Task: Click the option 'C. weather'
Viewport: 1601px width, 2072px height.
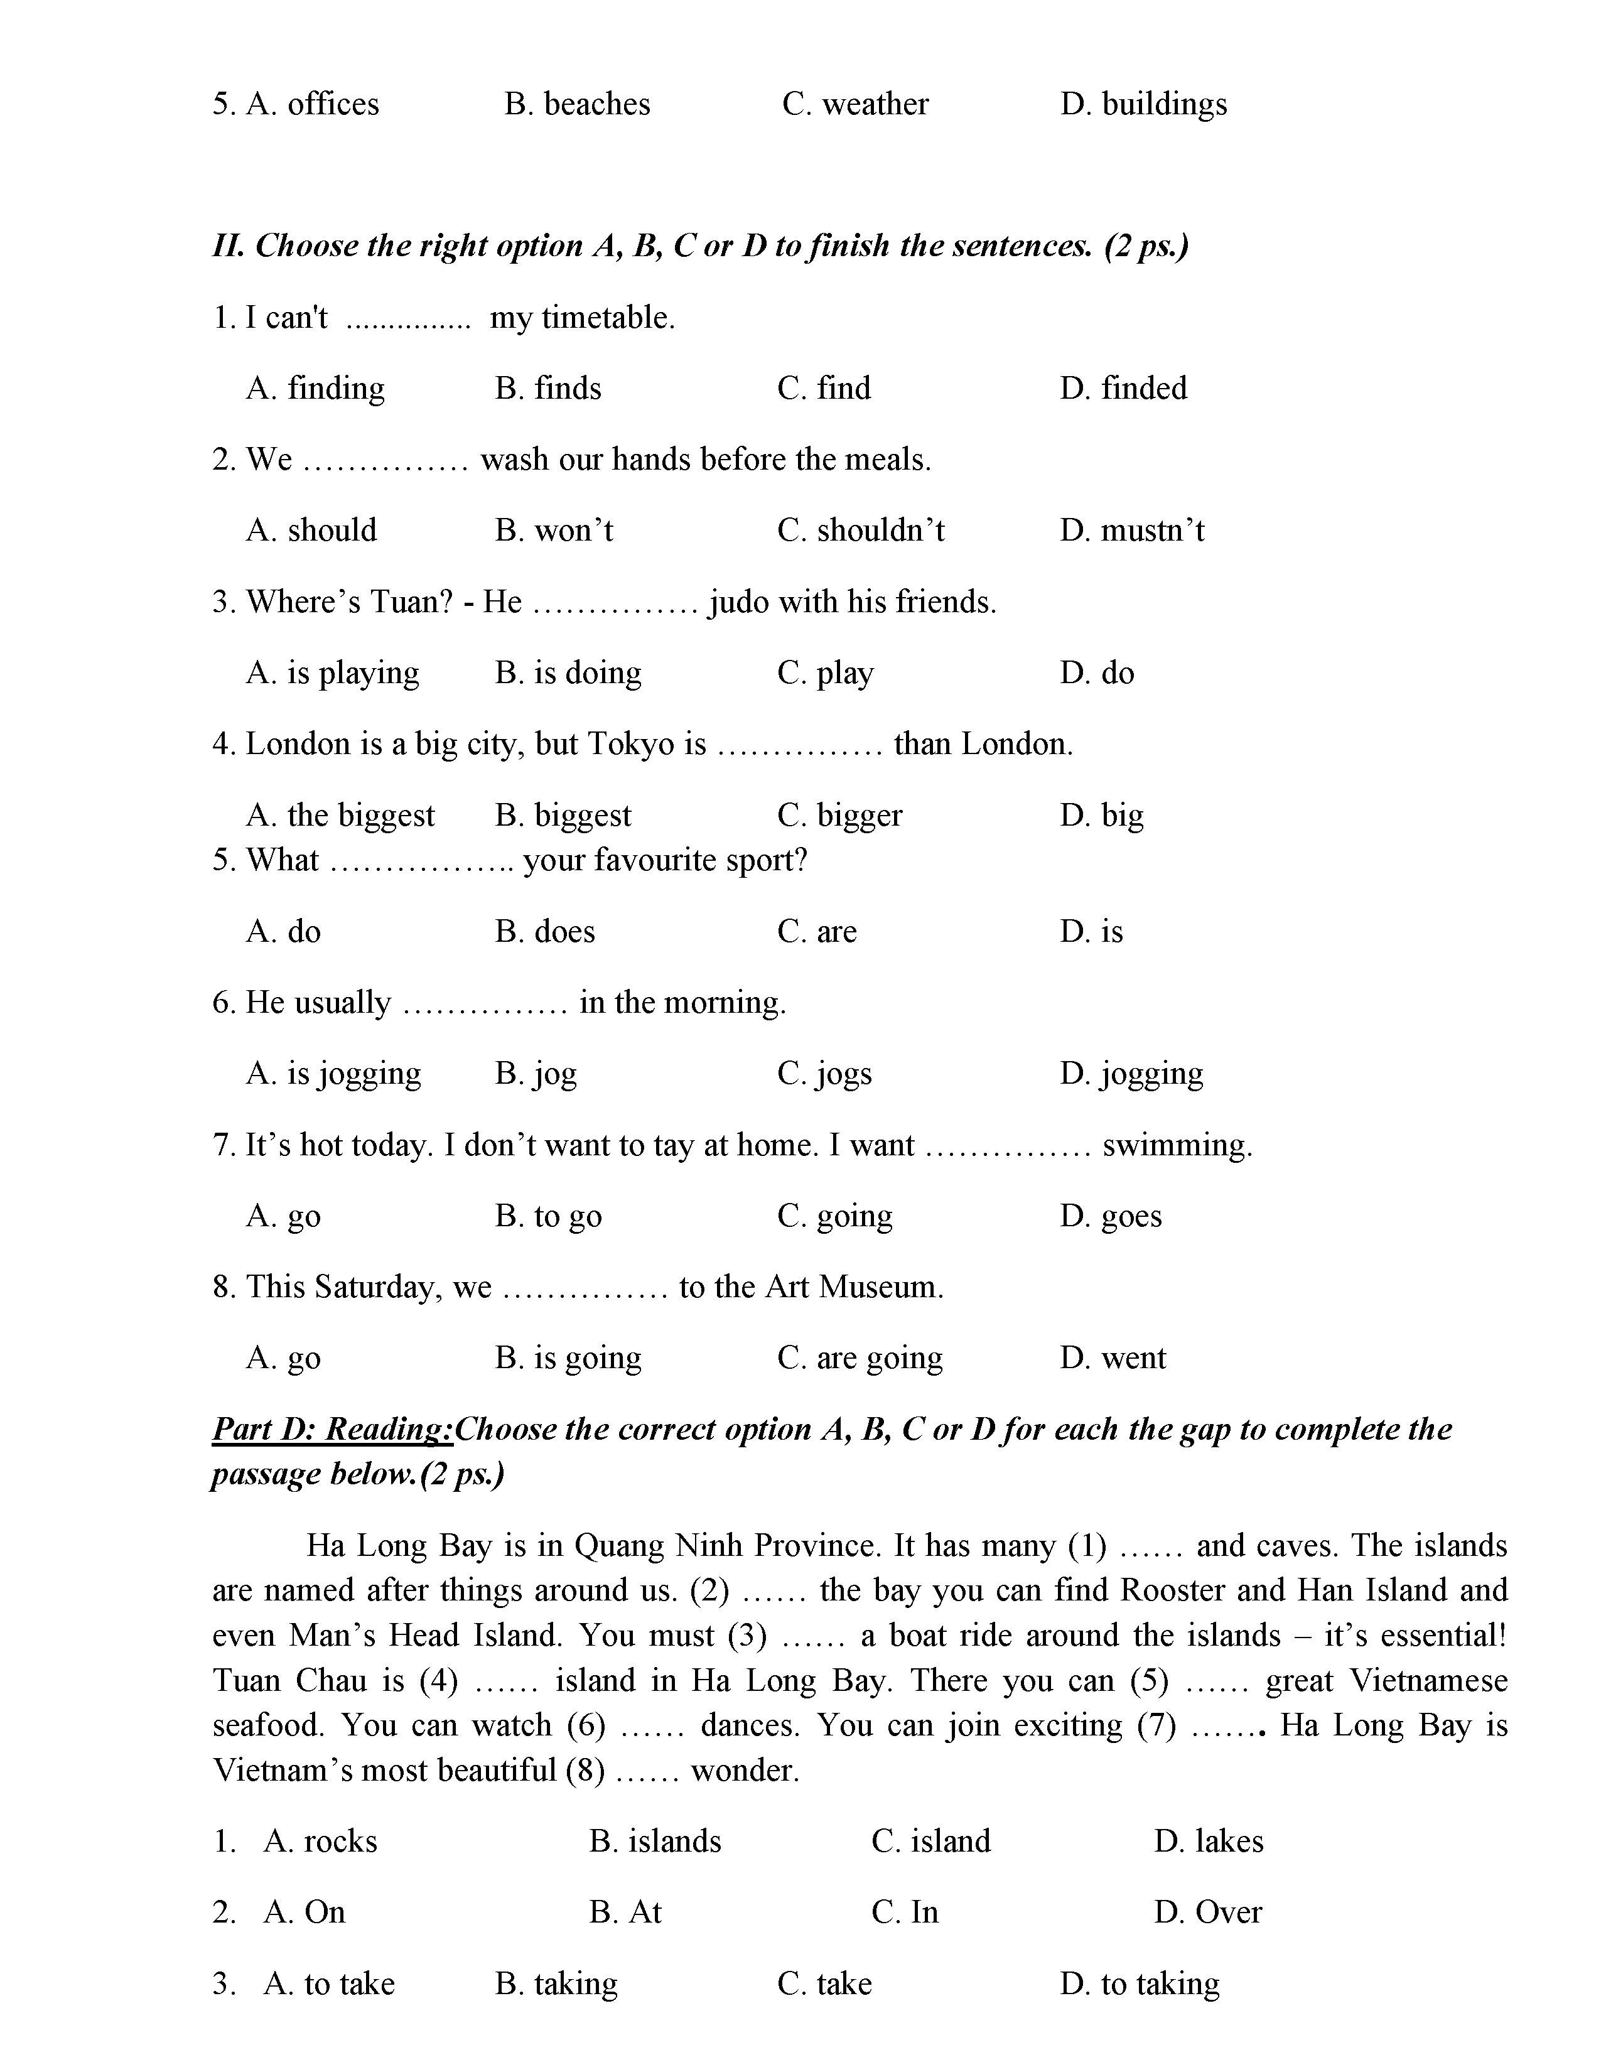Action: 854,104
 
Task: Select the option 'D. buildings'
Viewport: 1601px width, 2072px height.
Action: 1143,104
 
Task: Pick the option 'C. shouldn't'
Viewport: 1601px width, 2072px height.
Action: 860,531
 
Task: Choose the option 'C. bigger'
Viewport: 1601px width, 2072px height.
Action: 839,815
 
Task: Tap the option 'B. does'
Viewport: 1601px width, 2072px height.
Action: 544,932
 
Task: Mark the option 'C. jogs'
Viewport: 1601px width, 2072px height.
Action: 824,1074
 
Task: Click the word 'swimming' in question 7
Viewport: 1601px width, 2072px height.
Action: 1176,1145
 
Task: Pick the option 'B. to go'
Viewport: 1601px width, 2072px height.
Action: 547,1216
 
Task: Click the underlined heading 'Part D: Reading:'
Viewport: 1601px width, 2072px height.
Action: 332,1430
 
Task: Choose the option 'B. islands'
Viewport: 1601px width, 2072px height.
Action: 654,1842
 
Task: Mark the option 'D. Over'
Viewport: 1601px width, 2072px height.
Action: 1207,1913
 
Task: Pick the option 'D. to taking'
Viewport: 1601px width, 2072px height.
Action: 1139,1983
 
